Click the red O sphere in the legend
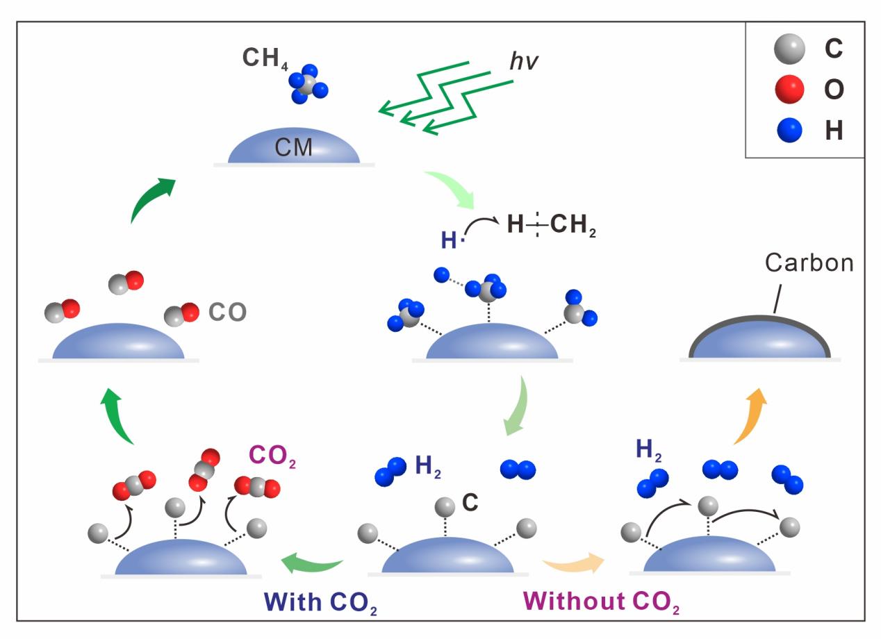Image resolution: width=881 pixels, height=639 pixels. (x=789, y=89)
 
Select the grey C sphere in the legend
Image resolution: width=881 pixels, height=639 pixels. (x=789, y=49)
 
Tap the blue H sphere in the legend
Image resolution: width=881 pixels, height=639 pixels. (x=789, y=130)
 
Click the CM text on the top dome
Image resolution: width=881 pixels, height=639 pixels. (x=294, y=147)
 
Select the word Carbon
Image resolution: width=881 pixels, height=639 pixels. (x=809, y=263)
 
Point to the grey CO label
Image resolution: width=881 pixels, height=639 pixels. (x=228, y=313)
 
